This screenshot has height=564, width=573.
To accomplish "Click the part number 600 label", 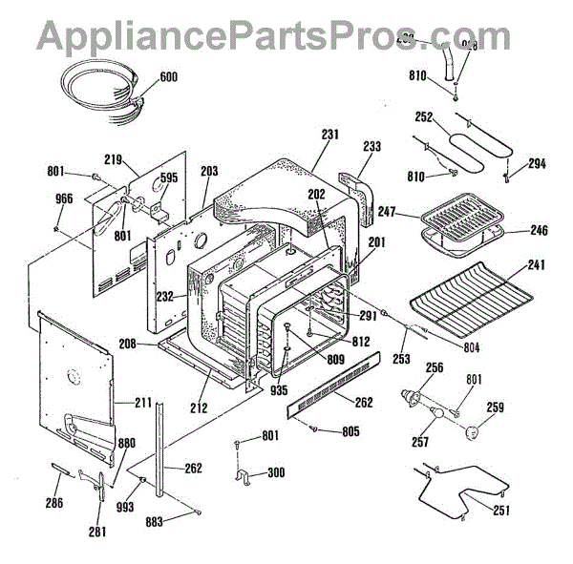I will coord(167,76).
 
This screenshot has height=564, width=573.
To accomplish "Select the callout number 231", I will coord(329,136).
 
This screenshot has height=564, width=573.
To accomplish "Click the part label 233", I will coord(371,146).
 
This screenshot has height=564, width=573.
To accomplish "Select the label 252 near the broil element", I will coord(424,118).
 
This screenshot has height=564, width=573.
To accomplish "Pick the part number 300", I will coord(276,472).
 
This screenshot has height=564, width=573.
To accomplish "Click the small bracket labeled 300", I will coord(244,474).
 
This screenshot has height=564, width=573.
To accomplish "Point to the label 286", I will coord(54,502).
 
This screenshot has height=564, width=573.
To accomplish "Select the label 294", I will coord(537,164).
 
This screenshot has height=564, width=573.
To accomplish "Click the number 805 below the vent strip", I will coord(350,431).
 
